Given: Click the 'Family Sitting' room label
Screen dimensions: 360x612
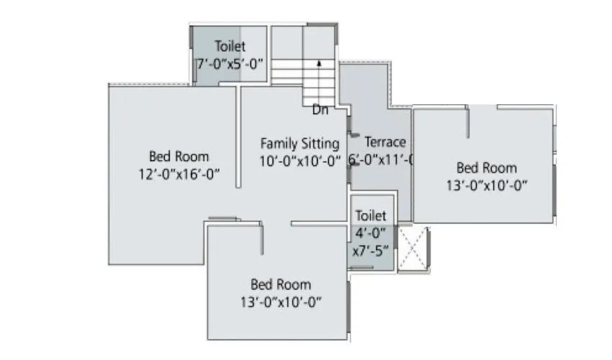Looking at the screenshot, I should [x=300, y=143].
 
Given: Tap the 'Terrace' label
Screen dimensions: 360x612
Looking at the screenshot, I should [x=384, y=142].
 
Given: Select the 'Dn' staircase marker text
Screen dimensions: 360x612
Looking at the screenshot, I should [x=320, y=110].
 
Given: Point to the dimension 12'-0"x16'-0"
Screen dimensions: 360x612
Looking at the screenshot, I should [x=179, y=174].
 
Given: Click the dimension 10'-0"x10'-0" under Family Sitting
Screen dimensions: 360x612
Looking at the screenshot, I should [x=300, y=161].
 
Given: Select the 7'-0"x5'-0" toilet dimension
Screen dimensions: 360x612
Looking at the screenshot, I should [x=230, y=63].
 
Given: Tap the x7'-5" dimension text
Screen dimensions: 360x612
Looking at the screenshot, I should [x=371, y=251].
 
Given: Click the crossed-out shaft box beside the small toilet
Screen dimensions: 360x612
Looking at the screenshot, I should [x=413, y=248].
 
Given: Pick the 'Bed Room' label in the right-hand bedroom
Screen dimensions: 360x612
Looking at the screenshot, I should [x=487, y=168].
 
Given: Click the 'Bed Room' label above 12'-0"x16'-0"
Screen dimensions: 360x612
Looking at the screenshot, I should [x=179, y=156].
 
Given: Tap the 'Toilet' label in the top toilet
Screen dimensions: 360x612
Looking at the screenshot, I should [x=230, y=46].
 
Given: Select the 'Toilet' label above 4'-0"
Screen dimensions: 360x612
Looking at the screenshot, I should [x=371, y=215].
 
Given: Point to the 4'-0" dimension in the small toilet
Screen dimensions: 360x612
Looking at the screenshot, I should [x=371, y=233].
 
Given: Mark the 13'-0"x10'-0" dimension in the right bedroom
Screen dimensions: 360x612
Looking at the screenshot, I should [x=487, y=185].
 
